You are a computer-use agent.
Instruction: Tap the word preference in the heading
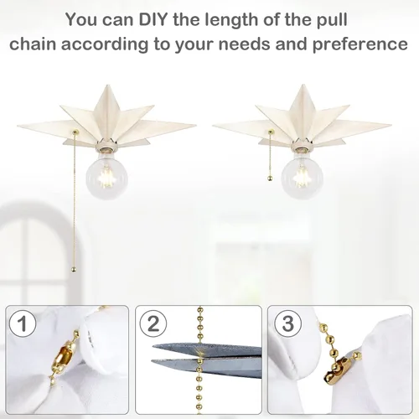click(360, 44)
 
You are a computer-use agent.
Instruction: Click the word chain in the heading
click(33, 44)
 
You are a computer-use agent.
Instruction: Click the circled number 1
click(23, 324)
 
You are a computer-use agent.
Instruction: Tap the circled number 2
click(153, 324)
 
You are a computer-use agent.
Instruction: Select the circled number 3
click(287, 324)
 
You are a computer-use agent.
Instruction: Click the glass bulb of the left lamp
click(106, 176)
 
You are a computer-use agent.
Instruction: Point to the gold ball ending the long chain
click(74, 270)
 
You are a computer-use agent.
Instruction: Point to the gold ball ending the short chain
click(269, 178)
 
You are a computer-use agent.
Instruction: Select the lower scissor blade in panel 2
click(207, 367)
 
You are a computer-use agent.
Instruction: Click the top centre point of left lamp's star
click(107, 85)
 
